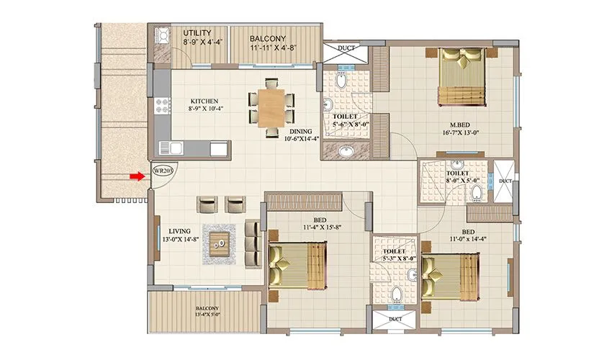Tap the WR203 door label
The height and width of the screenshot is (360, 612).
[163, 171]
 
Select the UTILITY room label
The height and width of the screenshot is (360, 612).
[196, 33]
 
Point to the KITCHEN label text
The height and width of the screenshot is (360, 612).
[204, 101]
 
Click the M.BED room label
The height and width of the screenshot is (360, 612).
[459, 123]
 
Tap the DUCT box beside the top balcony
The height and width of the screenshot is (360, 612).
[345, 52]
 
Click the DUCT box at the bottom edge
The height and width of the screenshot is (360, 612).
[394, 320]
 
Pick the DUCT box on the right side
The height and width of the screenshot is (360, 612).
[504, 182]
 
